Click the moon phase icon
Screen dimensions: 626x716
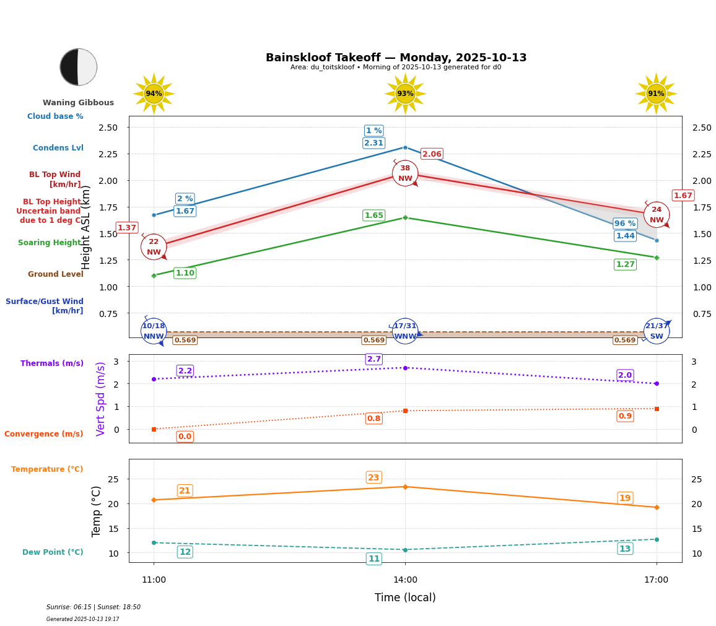[x=78, y=67]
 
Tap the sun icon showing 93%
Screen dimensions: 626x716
[x=405, y=93]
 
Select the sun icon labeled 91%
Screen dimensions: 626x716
[x=656, y=93]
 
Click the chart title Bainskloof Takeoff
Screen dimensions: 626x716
[x=396, y=58]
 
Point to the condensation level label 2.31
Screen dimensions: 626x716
[x=373, y=143]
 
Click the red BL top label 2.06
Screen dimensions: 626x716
[x=432, y=154]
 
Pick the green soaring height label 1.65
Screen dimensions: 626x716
[x=373, y=215]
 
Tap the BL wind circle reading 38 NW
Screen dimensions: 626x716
[x=405, y=173]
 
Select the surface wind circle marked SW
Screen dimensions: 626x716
[x=657, y=331]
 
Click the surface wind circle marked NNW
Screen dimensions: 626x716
[x=154, y=331]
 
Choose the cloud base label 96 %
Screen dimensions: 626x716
[x=625, y=224]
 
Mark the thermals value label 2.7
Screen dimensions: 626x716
[x=374, y=359]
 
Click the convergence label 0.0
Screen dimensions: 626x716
[x=185, y=437]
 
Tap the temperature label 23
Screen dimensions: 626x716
[x=373, y=477]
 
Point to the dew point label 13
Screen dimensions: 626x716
[x=625, y=549]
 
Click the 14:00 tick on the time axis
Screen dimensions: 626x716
[x=405, y=580]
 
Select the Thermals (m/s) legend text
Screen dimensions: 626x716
[x=52, y=363]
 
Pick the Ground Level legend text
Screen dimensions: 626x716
[x=55, y=274]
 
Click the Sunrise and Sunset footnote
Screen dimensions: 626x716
[x=94, y=607]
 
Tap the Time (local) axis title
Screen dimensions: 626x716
[x=405, y=598]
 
